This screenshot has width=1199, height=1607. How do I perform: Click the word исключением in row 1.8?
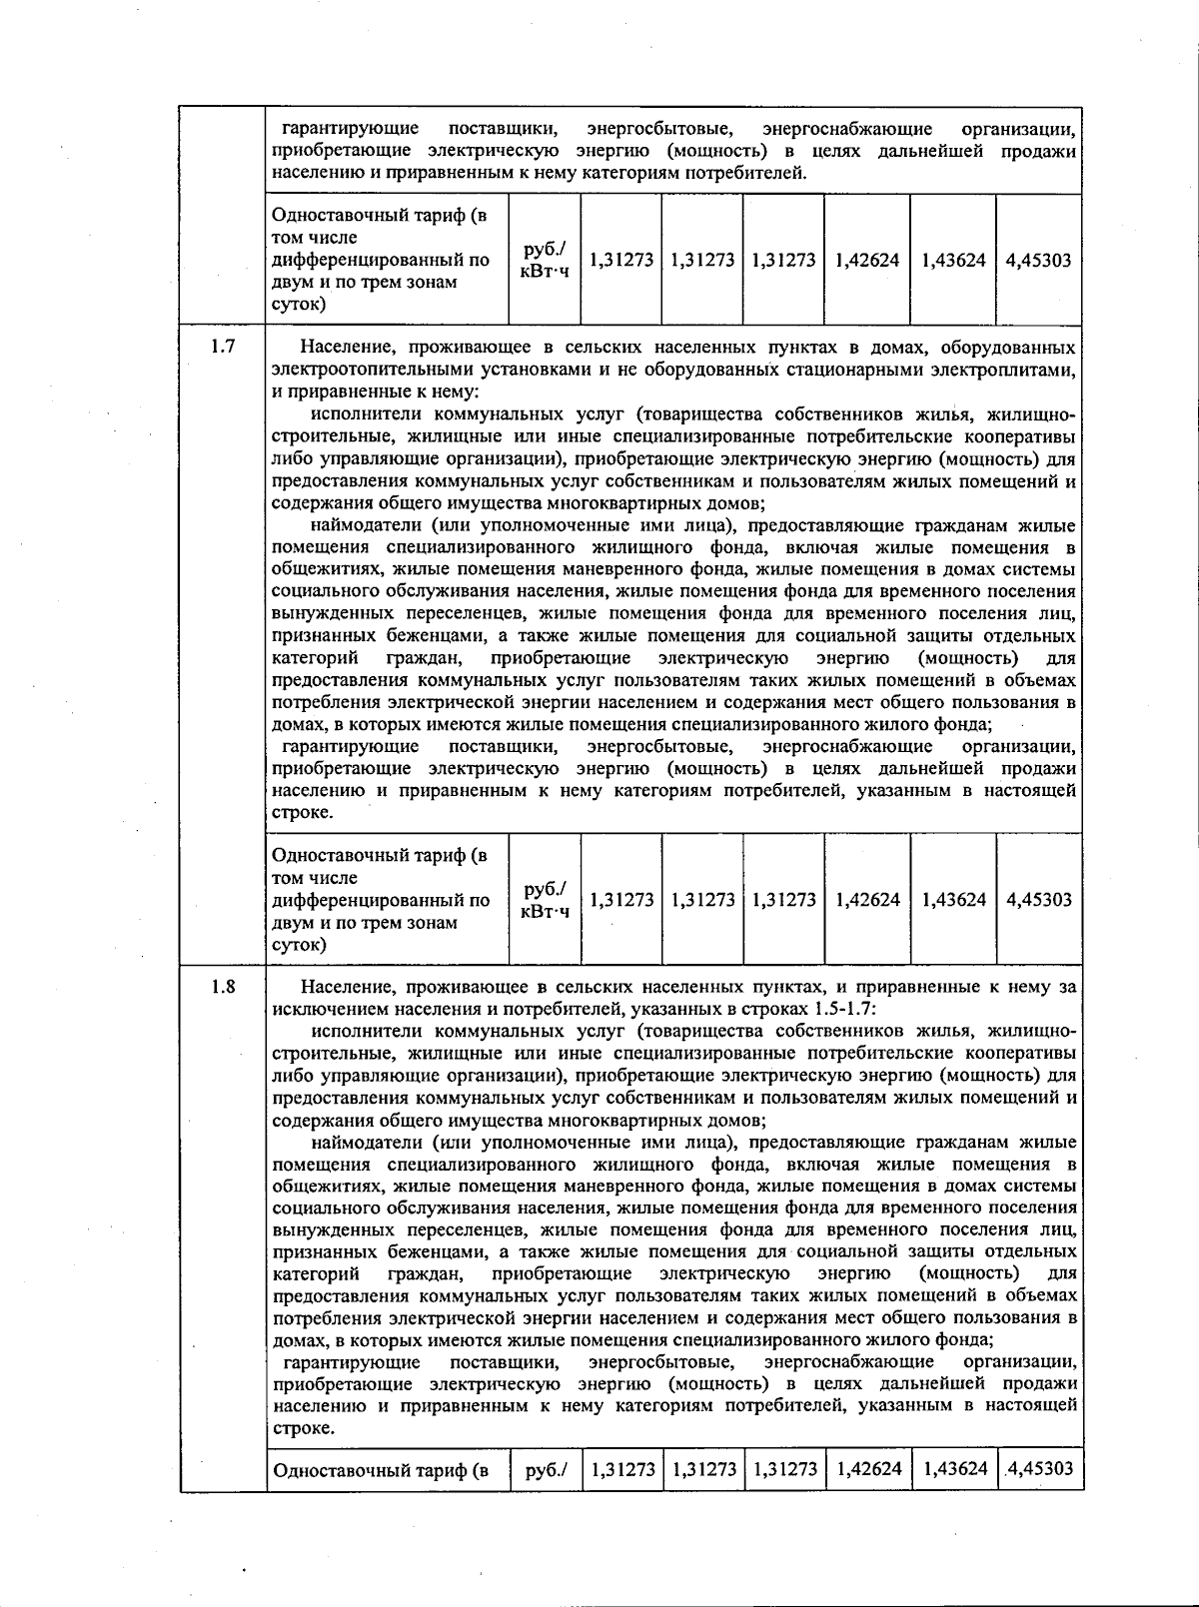(321, 1009)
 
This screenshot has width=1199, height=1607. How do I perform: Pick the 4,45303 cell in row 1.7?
(1038, 899)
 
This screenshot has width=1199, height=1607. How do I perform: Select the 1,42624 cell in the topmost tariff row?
(867, 260)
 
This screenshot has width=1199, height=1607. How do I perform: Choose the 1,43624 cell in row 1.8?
(955, 1468)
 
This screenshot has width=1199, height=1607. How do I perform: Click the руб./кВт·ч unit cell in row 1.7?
(545, 899)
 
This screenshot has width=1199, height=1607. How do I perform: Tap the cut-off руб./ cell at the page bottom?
(546, 1469)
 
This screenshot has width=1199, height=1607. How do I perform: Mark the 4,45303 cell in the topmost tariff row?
(1038, 260)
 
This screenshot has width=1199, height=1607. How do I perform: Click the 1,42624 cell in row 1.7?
(867, 899)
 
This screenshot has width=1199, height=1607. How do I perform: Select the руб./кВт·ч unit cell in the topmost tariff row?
(545, 260)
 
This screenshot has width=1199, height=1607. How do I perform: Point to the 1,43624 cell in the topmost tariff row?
(953, 260)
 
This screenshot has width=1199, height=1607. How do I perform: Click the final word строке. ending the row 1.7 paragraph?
(302, 813)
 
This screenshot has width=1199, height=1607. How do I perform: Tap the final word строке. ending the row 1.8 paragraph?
(302, 1428)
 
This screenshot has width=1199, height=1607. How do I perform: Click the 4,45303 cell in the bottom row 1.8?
(1040, 1468)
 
